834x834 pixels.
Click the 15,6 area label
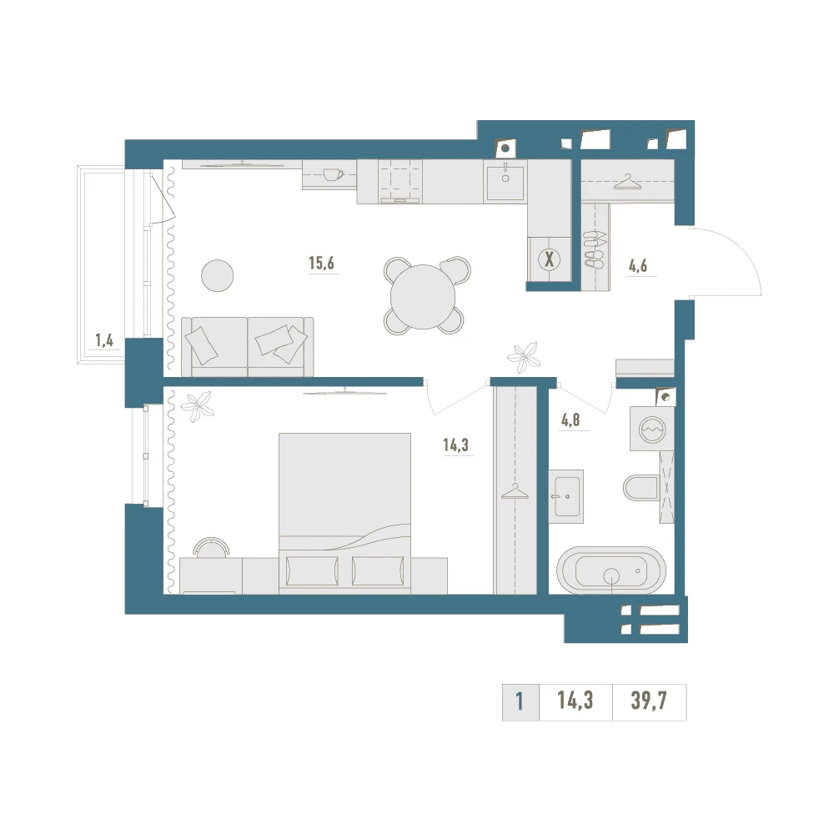322,263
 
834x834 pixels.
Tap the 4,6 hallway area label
638,265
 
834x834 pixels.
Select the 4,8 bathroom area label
570,420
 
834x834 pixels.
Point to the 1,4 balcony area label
104,340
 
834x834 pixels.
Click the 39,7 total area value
649,701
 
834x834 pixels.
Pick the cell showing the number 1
520,702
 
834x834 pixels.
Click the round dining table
424,296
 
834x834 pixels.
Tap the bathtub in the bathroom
611,570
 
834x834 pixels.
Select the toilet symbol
641,488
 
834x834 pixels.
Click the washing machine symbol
652,429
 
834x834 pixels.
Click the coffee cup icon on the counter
333,174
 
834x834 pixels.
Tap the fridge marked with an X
549,259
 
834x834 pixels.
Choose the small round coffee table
218,275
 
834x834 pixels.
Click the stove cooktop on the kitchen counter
400,181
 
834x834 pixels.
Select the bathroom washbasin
566,496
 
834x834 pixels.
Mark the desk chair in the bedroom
212,548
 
